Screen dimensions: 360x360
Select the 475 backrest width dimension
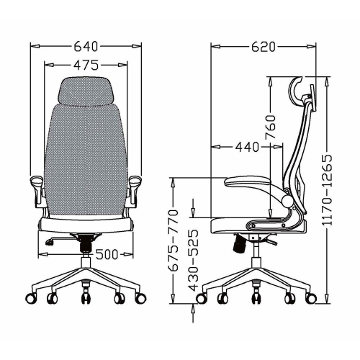tap(86, 66)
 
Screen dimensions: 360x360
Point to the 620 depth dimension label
tap(264, 48)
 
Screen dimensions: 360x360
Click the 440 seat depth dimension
tap(246, 148)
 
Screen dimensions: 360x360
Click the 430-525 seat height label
tap(193, 261)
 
